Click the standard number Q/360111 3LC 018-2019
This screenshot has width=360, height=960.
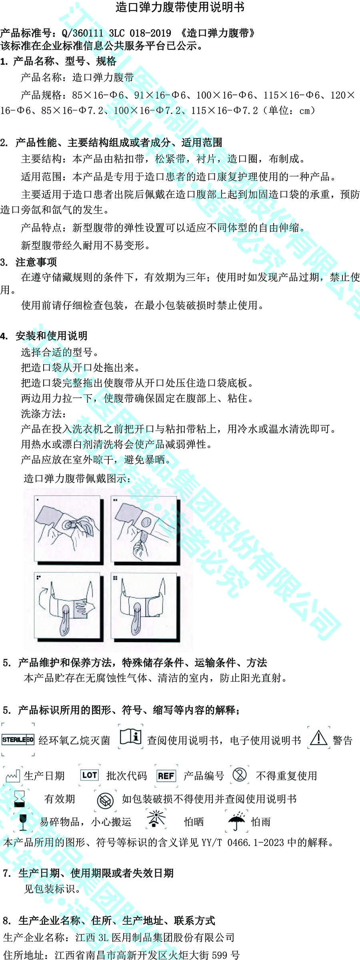click(x=116, y=33)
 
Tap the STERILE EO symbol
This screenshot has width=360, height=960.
click(x=18, y=740)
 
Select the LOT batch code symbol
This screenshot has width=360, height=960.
click(x=89, y=775)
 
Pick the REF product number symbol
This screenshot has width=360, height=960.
click(x=166, y=776)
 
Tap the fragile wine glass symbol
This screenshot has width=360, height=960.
click(x=23, y=822)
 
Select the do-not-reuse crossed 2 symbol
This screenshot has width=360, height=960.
click(x=240, y=775)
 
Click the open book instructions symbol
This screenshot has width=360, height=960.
click(x=131, y=737)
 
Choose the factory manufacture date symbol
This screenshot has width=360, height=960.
click(x=12, y=776)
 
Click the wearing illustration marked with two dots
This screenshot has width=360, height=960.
click(x=145, y=530)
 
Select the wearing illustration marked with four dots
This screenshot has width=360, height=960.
click(x=145, y=606)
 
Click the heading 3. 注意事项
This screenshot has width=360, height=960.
click(x=28, y=262)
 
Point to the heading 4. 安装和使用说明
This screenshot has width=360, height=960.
click(x=44, y=336)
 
